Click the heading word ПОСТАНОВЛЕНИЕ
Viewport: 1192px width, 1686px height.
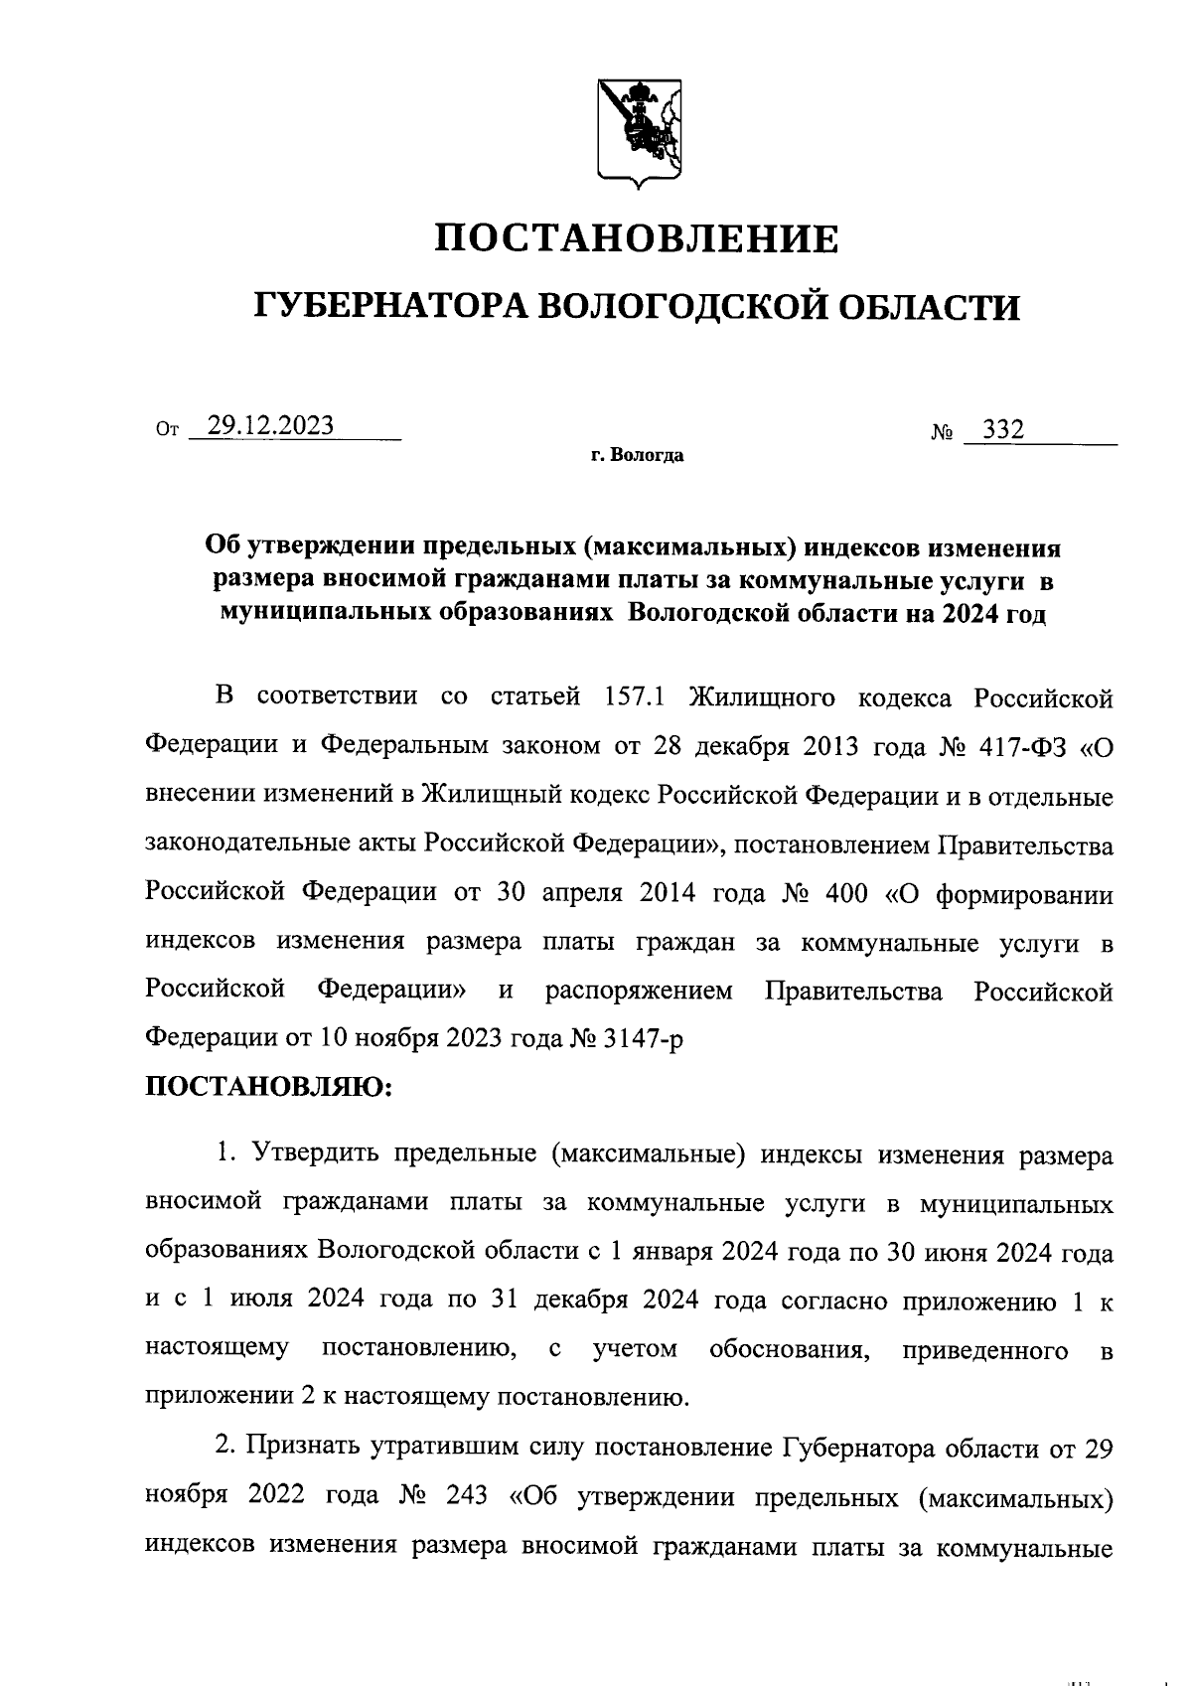coord(639,238)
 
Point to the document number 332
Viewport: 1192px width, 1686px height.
coord(1002,429)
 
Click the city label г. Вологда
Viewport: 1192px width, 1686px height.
coord(637,457)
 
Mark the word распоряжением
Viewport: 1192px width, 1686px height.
coord(639,991)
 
